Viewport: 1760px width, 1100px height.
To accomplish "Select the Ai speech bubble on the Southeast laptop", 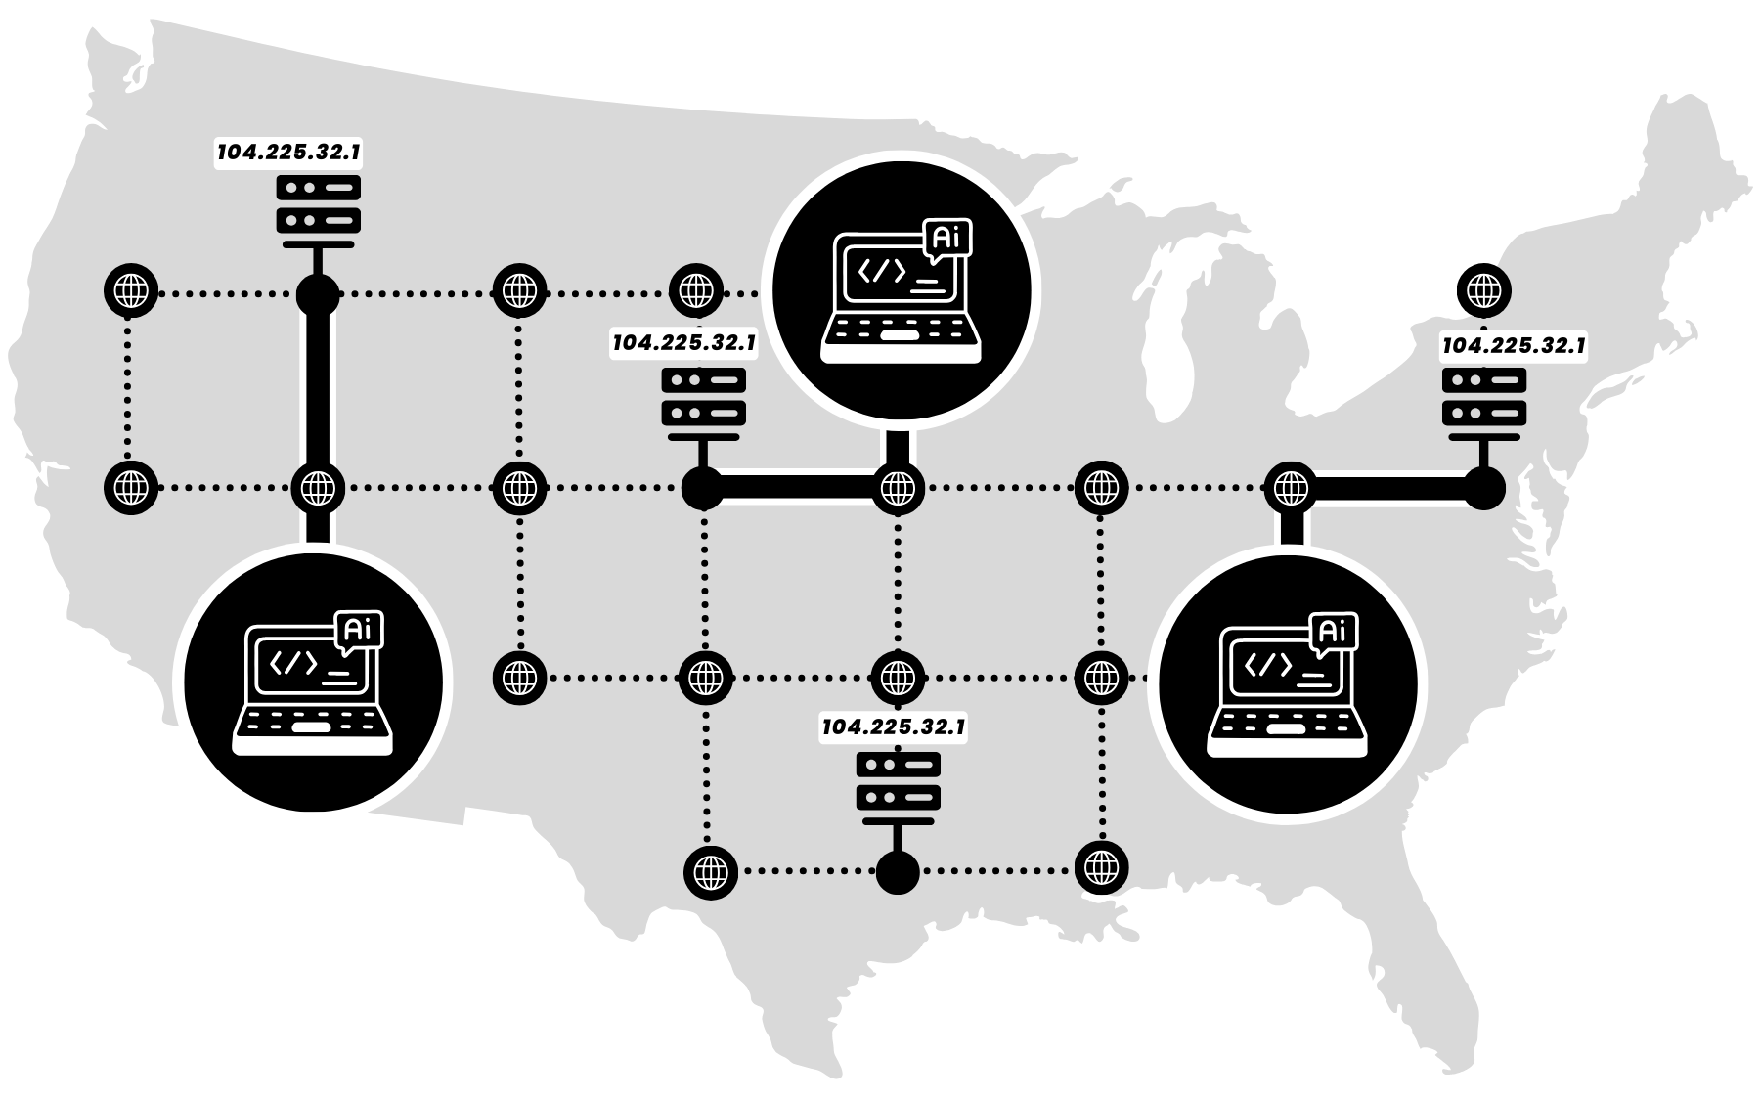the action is click(1333, 632).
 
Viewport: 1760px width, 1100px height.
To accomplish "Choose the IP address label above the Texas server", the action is click(894, 727).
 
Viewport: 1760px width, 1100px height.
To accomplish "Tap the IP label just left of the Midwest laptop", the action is click(683, 344).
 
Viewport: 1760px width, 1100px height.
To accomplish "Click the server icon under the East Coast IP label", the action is click(1483, 396).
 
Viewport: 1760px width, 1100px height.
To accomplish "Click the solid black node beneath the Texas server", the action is click(898, 871).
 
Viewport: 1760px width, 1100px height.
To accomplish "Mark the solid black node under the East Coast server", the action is click(1484, 488).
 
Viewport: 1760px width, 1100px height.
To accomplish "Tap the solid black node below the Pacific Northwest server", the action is click(318, 293).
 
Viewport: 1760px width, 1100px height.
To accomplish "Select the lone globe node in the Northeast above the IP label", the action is click(1484, 290).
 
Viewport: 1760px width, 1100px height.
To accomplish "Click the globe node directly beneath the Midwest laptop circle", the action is click(898, 488).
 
